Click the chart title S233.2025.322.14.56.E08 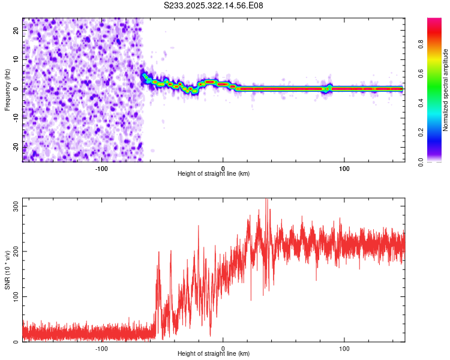pos(214,5)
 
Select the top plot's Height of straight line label pos(214,173)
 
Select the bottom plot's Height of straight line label pos(214,353)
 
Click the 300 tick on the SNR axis pos(14,206)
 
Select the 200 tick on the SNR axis pos(14,251)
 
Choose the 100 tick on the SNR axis pos(14,296)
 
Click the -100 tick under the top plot pos(101,167)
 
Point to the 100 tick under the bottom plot pos(345,347)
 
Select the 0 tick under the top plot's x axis pos(223,167)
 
